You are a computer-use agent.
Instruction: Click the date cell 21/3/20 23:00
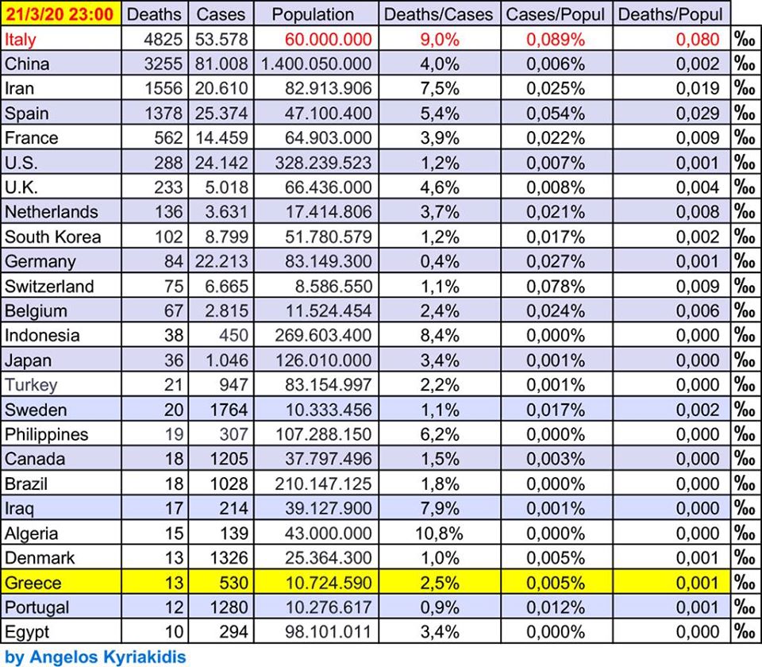60,13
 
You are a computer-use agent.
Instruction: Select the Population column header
313,14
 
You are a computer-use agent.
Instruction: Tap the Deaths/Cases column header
438,14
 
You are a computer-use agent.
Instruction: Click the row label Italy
21,39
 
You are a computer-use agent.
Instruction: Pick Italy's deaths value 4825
164,39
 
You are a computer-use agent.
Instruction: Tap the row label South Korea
53,237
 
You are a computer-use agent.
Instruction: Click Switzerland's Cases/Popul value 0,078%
555,286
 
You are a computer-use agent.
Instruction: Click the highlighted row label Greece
33,583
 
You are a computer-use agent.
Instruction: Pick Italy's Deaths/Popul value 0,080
698,39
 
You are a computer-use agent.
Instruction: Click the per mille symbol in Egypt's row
745,632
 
